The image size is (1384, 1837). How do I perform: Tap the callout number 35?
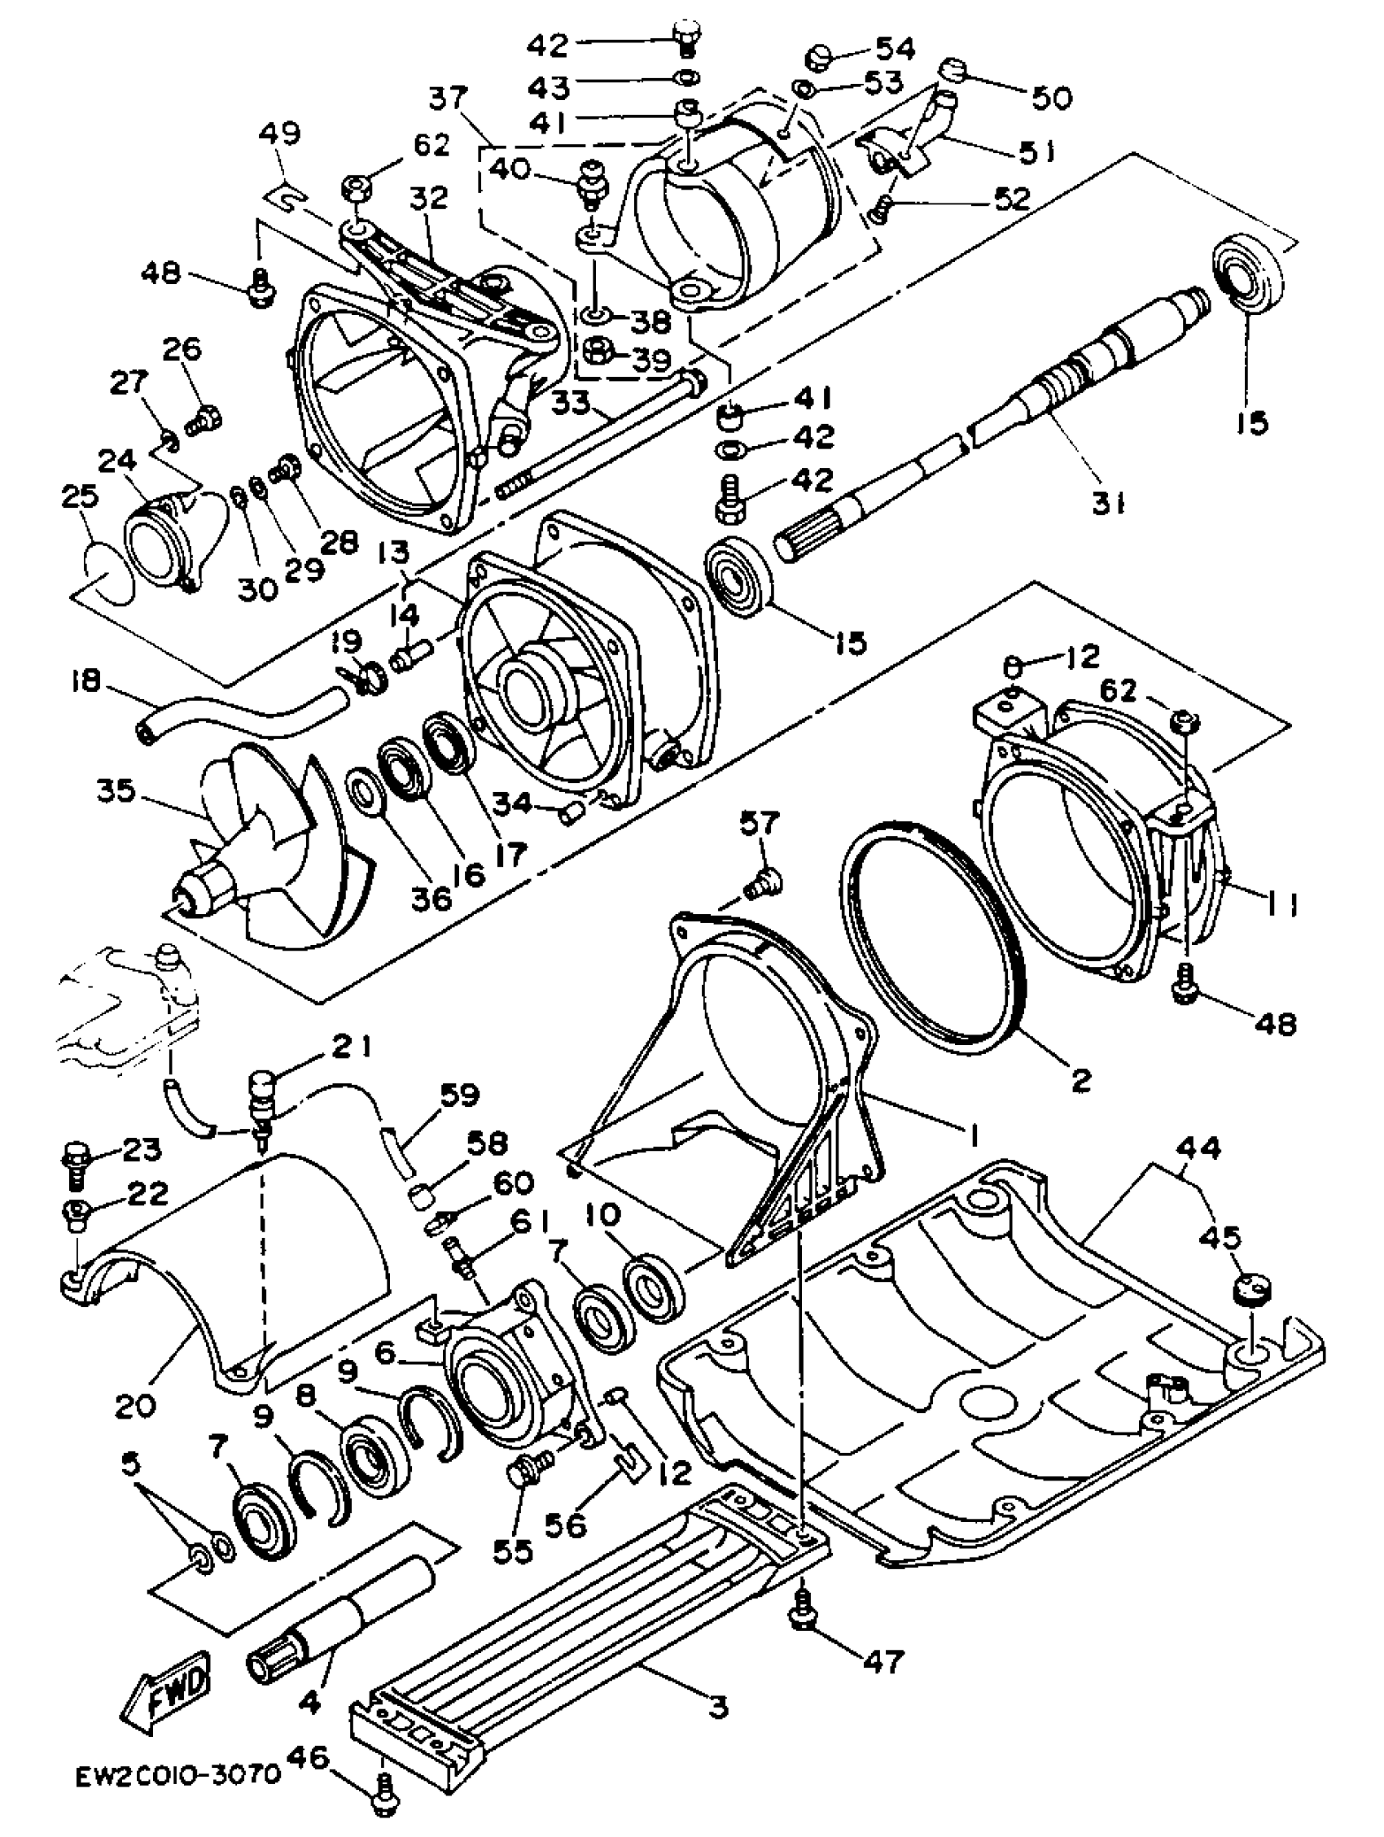(x=116, y=789)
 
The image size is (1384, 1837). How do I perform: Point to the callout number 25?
(x=80, y=496)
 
